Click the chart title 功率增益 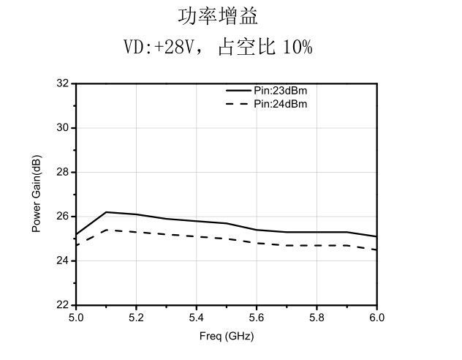tap(218, 17)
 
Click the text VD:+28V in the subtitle tap(159, 47)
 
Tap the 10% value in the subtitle tap(298, 47)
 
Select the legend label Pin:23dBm tap(281, 91)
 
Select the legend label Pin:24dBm tap(281, 104)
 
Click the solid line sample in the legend tap(238, 90)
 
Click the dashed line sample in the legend tap(237, 104)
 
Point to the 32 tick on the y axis tap(62, 83)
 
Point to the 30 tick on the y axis tap(62, 128)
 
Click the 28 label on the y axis tap(62, 172)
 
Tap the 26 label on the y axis tap(62, 217)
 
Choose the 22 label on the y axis tap(62, 304)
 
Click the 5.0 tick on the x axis tap(76, 318)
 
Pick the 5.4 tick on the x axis tap(196, 318)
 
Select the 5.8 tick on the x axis tap(317, 318)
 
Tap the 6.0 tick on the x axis tap(377, 318)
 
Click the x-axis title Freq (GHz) tap(227, 336)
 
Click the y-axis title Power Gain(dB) tap(37, 194)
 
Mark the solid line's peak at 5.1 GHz tap(106, 212)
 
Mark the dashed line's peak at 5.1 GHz tap(106, 230)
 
